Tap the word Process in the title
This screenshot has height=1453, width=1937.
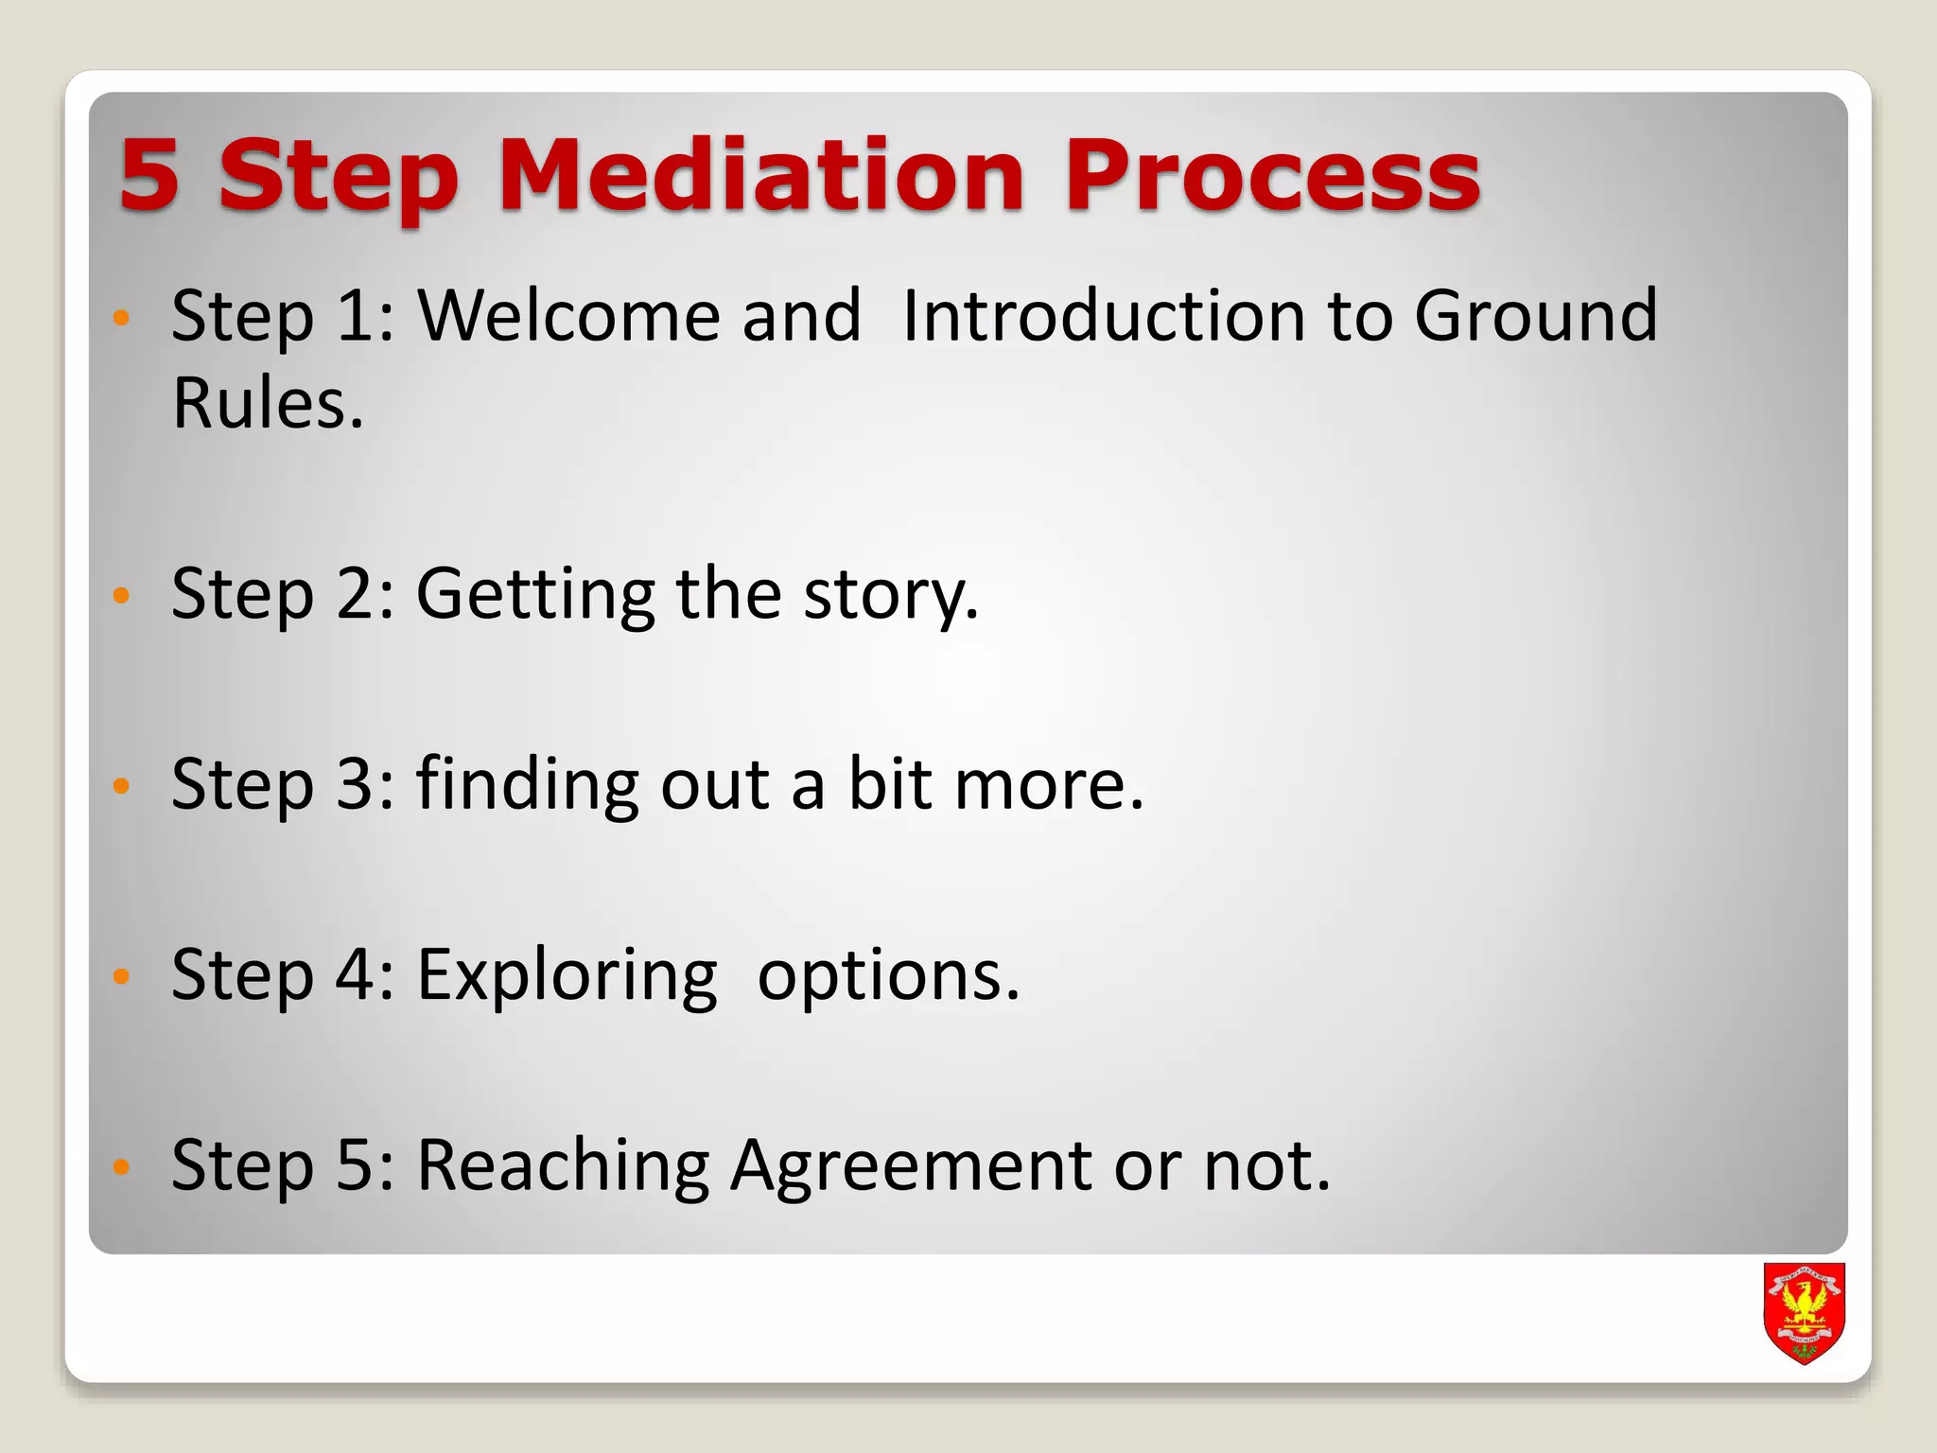(1272, 175)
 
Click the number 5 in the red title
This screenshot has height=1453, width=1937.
(149, 175)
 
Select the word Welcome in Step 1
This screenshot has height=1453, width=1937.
(570, 315)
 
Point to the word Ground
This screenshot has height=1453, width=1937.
(1535, 315)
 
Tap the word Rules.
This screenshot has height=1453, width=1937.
(268, 404)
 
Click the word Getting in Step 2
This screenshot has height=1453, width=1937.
(535, 594)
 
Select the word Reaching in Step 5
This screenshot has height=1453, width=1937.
(563, 1165)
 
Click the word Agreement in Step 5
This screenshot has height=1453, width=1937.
(911, 1165)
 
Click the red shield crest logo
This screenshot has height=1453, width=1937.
(1805, 1312)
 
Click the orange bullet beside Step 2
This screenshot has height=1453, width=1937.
(120, 595)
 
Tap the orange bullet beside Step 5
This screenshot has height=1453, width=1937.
(120, 1166)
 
